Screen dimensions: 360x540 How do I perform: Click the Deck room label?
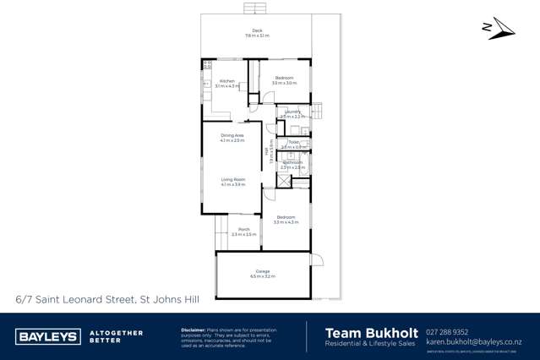click(257, 30)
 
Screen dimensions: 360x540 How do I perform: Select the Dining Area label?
click(232, 135)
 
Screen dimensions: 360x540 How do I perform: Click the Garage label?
click(264, 270)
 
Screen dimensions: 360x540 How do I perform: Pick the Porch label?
click(243, 229)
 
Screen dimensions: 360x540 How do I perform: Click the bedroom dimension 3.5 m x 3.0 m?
click(284, 84)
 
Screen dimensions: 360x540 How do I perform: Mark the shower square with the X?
click(284, 180)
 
